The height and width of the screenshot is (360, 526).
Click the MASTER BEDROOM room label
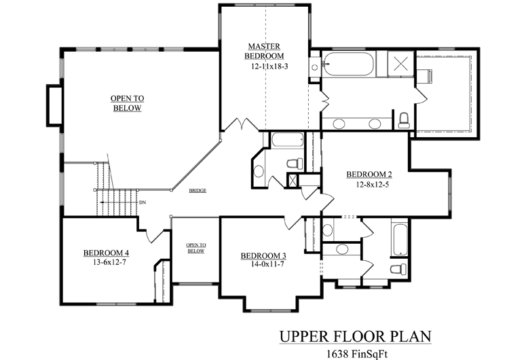coord(264,51)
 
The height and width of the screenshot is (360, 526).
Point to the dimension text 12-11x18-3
coord(269,66)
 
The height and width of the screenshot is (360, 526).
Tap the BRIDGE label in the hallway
coord(198,191)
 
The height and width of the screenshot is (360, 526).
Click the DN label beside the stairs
coord(143,202)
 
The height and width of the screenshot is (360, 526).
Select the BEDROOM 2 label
coord(369,175)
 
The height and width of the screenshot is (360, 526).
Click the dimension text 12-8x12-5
coord(373,184)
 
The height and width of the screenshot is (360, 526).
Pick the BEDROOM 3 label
coord(263,256)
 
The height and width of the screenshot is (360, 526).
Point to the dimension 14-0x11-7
coord(267,264)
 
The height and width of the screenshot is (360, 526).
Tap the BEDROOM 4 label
coord(107,253)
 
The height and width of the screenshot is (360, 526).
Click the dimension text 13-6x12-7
coord(109,263)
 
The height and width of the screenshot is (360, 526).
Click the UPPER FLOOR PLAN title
coord(355,336)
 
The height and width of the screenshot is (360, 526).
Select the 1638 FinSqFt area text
coord(357,354)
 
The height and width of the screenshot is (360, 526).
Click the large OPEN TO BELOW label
coord(127,103)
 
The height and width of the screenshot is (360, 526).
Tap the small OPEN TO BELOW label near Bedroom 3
coord(196,248)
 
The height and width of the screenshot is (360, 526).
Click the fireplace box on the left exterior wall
coord(54,106)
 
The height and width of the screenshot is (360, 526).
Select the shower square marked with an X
coord(400,63)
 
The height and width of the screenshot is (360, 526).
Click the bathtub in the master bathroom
coord(349,64)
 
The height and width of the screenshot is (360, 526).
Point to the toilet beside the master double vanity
coord(404,120)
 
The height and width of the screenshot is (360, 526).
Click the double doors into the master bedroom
coord(242,124)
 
